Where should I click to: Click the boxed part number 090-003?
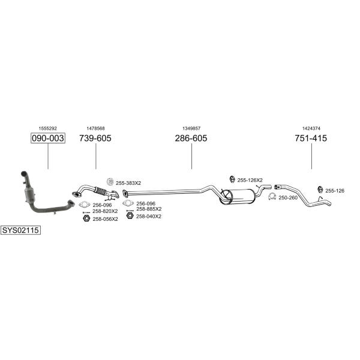click(x=48, y=138)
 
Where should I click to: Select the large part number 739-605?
click(x=95, y=138)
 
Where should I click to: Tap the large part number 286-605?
click(x=191, y=138)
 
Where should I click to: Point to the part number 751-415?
click(x=311, y=138)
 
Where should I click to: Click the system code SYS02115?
click(x=20, y=230)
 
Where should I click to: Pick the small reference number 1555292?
click(x=48, y=128)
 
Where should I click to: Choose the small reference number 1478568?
click(x=95, y=128)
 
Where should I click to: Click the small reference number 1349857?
click(x=191, y=128)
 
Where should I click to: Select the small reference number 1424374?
click(x=311, y=128)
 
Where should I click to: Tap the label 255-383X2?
click(x=128, y=183)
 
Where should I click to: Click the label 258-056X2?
click(x=105, y=219)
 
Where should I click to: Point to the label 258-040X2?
click(x=149, y=217)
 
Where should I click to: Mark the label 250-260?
click(x=288, y=198)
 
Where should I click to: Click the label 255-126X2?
click(x=250, y=180)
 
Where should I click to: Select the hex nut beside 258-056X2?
click(x=86, y=218)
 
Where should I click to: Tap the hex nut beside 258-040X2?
click(x=130, y=215)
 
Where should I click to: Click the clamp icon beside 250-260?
click(x=272, y=197)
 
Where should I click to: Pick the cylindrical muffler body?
click(x=238, y=197)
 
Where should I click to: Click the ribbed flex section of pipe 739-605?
click(x=101, y=191)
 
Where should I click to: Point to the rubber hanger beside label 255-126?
click(x=320, y=190)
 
